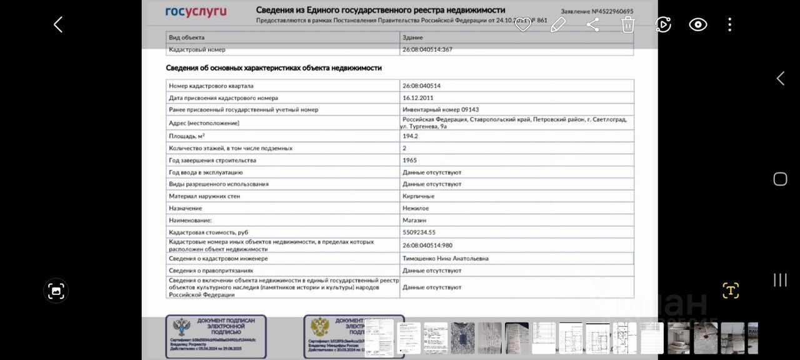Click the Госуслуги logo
[196, 12]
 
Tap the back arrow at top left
[58, 25]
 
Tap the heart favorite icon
[522, 25]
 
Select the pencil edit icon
[557, 25]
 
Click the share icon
[592, 25]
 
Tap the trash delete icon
[627, 25]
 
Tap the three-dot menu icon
[729, 25]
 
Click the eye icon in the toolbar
[697, 25]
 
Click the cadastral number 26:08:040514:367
[427, 49]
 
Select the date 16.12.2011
[418, 98]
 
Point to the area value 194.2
[411, 136]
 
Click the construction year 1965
[409, 161]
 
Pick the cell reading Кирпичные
[418, 196]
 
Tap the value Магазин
[414, 221]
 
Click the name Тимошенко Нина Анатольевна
[446, 259]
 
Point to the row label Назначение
[185, 208]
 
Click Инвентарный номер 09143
[441, 110]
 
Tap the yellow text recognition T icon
[730, 291]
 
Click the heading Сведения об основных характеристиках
[274, 68]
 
